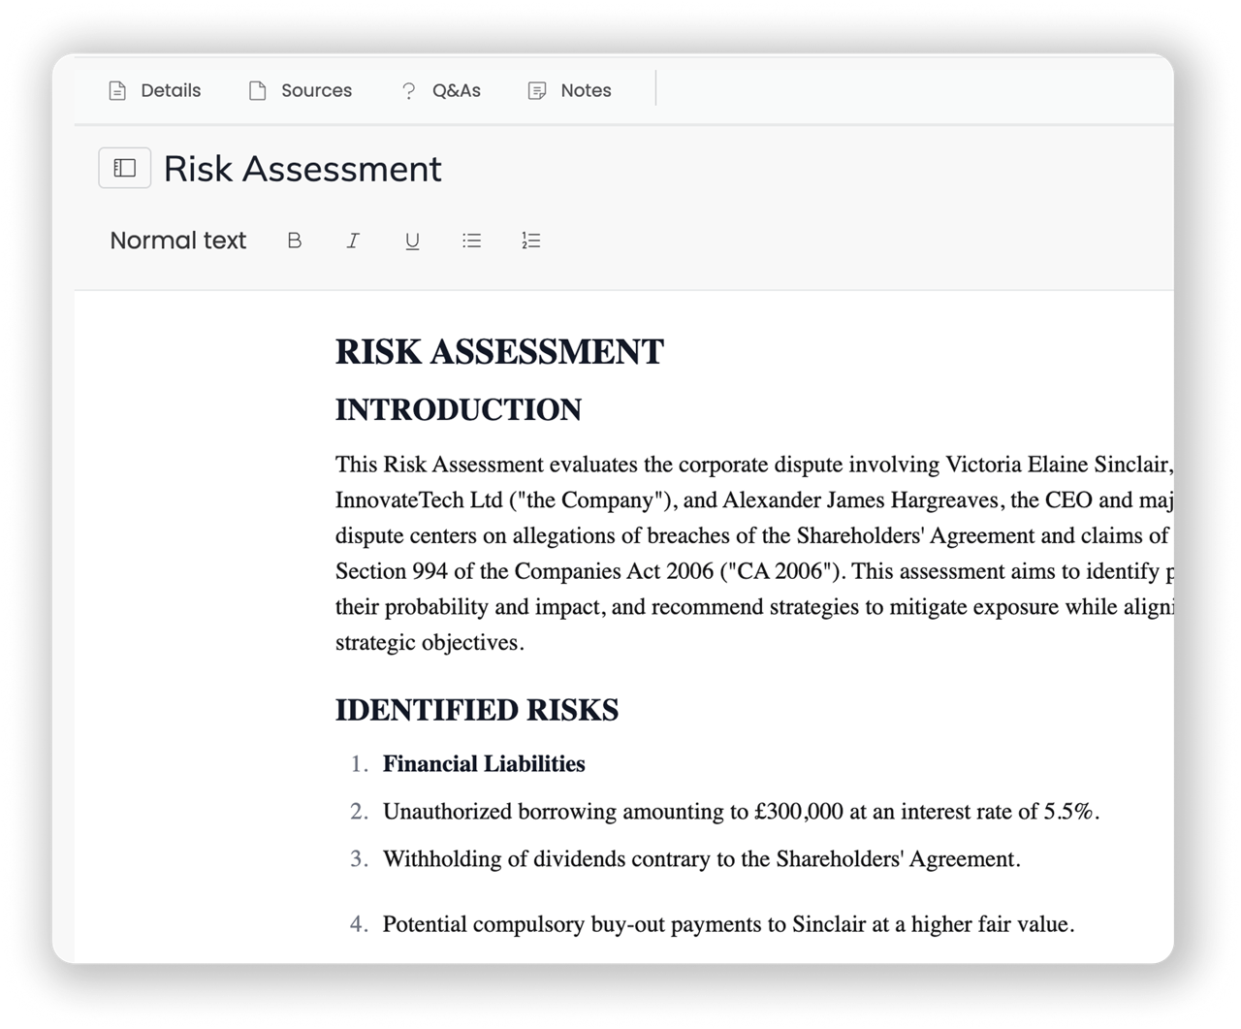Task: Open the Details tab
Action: coord(155,91)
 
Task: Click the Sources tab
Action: coord(301,91)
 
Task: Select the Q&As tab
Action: coord(441,91)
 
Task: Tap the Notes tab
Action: coord(570,91)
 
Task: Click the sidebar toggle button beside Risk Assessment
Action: coord(125,169)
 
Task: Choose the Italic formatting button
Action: coord(353,241)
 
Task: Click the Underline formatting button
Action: coord(412,241)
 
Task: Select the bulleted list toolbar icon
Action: coord(472,241)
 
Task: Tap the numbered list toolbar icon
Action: coord(530,241)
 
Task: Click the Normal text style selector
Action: coord(178,241)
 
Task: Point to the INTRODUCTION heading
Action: coord(458,410)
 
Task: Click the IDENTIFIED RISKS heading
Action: coord(476,710)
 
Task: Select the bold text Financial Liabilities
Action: coord(484,764)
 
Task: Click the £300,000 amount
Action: coord(798,812)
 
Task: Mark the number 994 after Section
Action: coord(430,571)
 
